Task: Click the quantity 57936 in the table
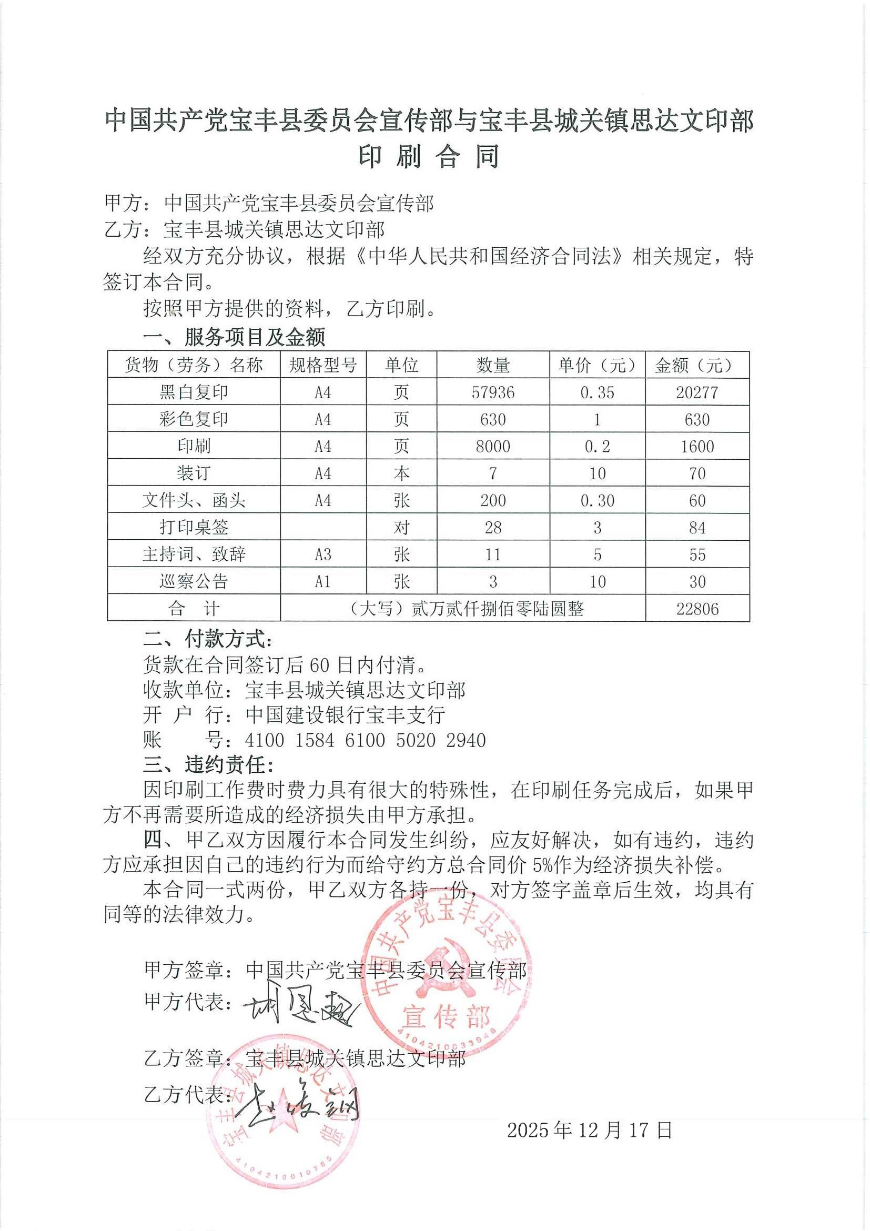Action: click(493, 392)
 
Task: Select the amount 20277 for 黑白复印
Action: click(696, 392)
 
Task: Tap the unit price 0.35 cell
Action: click(597, 392)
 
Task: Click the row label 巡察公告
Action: click(194, 581)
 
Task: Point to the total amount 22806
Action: click(697, 609)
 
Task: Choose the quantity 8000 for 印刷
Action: click(493, 446)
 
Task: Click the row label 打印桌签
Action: click(194, 527)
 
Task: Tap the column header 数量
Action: click(493, 365)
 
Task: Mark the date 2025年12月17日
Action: click(589, 1129)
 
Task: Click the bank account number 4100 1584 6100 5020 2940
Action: click(365, 740)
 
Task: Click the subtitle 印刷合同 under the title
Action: click(429, 157)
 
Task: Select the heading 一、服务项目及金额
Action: click(234, 337)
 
